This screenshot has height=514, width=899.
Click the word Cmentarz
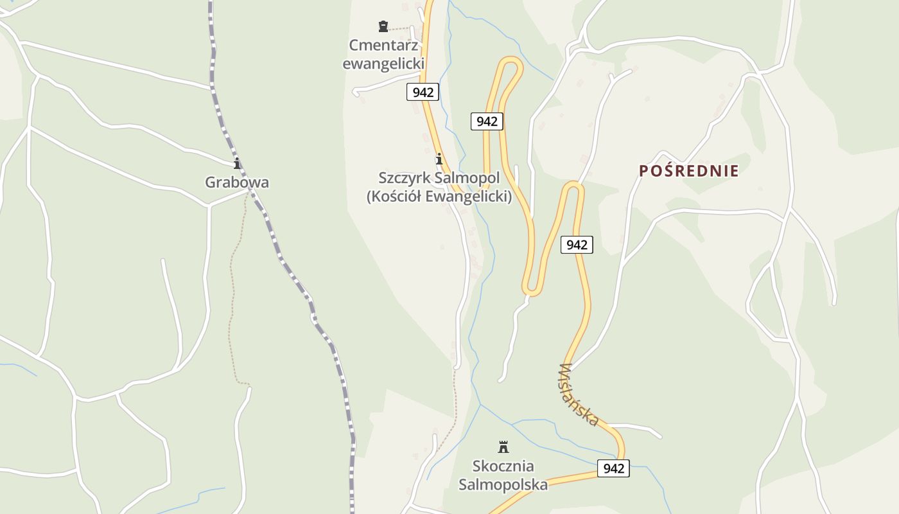click(x=383, y=46)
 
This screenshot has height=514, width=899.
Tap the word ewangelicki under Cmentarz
click(x=383, y=64)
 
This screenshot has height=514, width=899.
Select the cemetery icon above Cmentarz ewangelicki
click(x=383, y=26)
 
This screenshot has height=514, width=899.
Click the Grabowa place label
click(x=237, y=182)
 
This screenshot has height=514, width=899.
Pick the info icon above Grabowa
click(x=237, y=163)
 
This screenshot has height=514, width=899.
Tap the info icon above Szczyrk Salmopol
click(x=439, y=159)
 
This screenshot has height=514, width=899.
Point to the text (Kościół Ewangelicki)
click(x=439, y=197)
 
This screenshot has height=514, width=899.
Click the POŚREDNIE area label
click(x=688, y=171)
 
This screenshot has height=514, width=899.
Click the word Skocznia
click(x=503, y=466)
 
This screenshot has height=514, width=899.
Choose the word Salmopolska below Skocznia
click(x=503, y=484)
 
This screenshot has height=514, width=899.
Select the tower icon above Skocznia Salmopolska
click(x=503, y=447)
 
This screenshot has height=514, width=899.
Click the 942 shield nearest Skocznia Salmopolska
click(x=613, y=468)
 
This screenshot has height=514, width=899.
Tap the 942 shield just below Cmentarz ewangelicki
click(x=423, y=92)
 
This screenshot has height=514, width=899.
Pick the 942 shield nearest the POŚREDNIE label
click(x=577, y=245)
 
